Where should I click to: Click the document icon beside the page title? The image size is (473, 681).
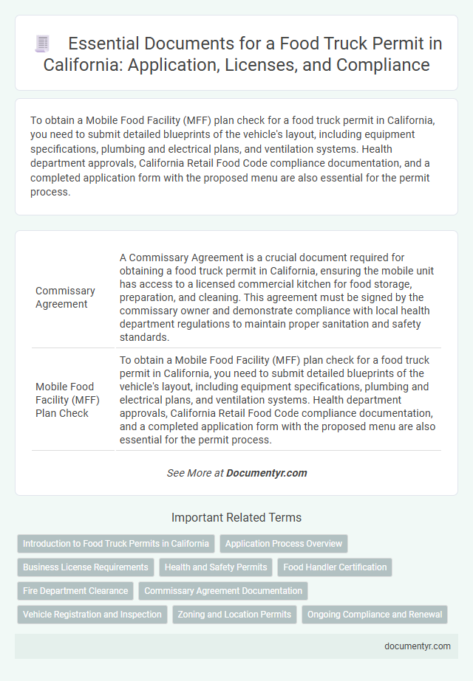coord(42,44)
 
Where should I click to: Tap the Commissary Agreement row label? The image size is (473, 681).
coord(65,297)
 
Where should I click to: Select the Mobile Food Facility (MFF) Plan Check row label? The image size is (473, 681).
coord(67,399)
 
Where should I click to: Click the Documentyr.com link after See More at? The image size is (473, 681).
coord(267,473)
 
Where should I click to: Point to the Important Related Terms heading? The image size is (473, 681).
coord(236,517)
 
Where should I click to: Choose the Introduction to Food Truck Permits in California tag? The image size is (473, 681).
coord(116,544)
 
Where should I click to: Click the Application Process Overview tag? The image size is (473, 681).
coord(284,544)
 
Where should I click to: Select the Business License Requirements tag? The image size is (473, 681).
coord(86,567)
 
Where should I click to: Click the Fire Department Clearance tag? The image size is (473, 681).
coord(75,591)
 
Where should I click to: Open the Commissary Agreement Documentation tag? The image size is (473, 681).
coord(223,591)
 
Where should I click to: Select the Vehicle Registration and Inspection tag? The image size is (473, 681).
coord(92,615)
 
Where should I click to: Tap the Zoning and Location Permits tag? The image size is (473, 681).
coord(235,615)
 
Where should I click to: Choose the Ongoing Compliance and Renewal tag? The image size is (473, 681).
coord(375,615)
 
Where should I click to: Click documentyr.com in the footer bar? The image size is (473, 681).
coord(418,646)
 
